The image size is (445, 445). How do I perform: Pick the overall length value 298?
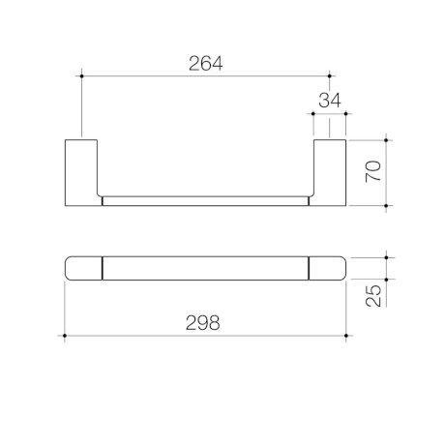click(x=203, y=324)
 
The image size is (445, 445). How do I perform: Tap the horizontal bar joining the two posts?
click(x=205, y=201)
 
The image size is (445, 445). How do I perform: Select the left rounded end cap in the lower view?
click(x=83, y=268)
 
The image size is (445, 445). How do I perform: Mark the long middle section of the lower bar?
click(x=205, y=268)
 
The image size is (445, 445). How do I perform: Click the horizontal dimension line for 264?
click(x=145, y=74)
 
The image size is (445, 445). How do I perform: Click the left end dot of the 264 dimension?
click(x=83, y=74)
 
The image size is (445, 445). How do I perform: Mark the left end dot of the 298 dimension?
click(x=64, y=336)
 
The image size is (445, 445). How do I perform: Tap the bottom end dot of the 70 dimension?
click(x=387, y=206)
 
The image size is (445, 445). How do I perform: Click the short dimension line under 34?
click(x=329, y=116)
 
